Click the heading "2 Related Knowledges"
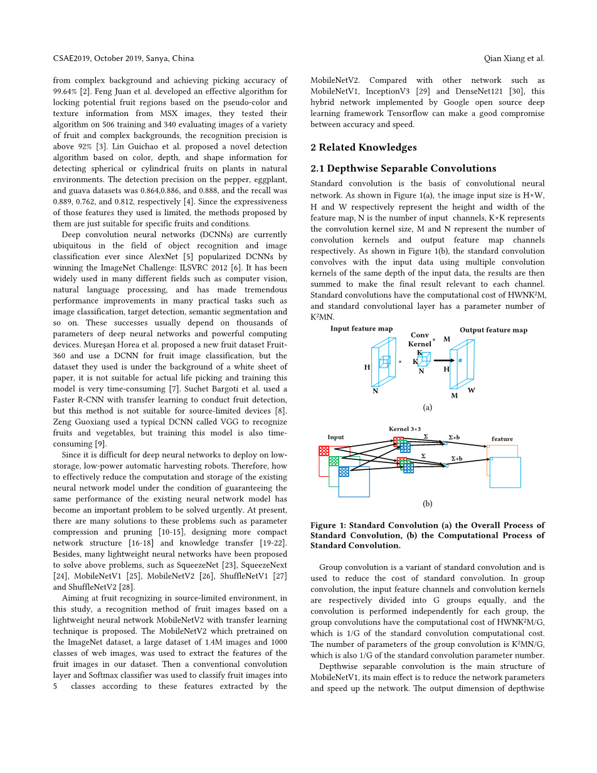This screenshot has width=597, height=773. [363, 147]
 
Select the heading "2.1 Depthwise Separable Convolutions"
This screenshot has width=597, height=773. [403, 168]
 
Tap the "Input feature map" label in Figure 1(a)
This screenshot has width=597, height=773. [361, 329]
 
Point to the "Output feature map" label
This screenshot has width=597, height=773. [493, 330]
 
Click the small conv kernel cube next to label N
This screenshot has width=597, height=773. [424, 360]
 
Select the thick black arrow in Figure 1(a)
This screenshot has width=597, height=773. [443, 360]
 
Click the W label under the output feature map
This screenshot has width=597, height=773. [471, 390]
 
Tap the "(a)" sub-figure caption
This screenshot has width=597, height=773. [427, 407]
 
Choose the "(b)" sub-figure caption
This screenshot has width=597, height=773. [427, 503]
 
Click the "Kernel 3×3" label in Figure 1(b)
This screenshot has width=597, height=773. [404, 429]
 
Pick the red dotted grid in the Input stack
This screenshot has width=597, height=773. [324, 450]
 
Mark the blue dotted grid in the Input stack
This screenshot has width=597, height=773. [344, 471]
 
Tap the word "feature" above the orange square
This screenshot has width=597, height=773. [502, 439]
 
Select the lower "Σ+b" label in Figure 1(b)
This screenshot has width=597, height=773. [457, 459]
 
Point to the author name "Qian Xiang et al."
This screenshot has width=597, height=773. [514, 58]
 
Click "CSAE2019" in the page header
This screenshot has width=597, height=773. [71, 58]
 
